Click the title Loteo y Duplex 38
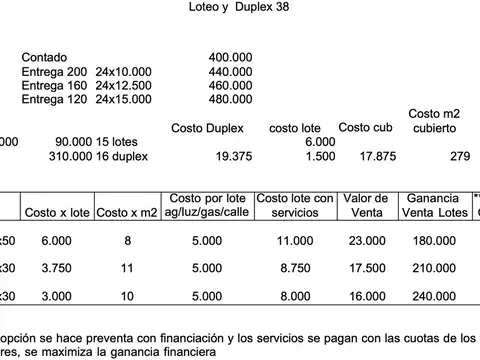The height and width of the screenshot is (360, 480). pos(239,7)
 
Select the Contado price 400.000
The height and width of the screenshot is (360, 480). pos(230,58)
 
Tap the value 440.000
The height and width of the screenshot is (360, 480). pos(230,72)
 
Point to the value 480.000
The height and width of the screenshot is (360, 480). pos(230,99)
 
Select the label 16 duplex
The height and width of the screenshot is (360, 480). pos(122,156)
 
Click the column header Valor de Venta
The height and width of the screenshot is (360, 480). pos(365,205)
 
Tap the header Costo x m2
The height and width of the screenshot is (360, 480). pos(127,212)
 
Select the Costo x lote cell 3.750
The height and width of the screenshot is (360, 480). pos(56,268)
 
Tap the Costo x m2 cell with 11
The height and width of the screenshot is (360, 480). pos(127,268)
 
